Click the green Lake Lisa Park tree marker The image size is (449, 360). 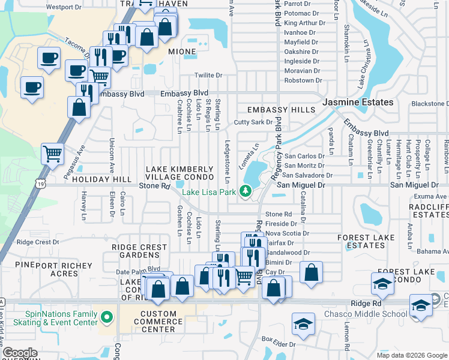point(244,191)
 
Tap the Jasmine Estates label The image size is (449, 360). point(358,103)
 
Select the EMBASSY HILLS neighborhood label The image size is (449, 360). point(281,110)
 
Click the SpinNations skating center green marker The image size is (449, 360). point(107,316)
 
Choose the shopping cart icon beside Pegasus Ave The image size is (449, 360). point(52,154)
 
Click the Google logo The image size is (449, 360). point(20,353)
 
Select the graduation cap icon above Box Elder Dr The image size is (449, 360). point(303,324)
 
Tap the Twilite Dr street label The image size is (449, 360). point(208,76)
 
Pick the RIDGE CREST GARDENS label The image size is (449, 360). point(139,251)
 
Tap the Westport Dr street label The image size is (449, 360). point(63,8)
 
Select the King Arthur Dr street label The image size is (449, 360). point(304,23)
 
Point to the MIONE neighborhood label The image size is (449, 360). point(182,52)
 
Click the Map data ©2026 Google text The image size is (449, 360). point(412,355)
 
